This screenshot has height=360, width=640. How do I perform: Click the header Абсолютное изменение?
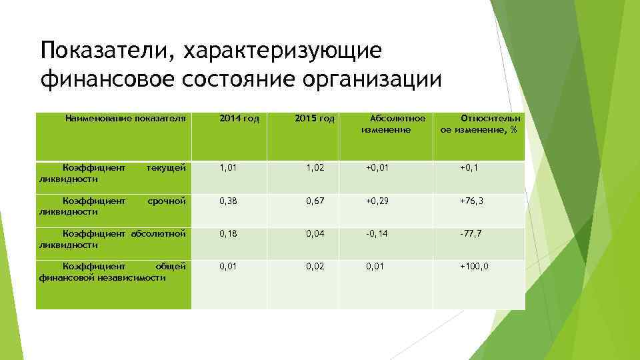coord(386,124)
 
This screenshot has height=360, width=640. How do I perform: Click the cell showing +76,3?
coord(471,201)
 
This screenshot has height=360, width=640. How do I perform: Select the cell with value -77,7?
coord(471,233)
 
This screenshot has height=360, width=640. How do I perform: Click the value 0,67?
coord(315,201)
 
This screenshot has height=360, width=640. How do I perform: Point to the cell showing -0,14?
coord(377,233)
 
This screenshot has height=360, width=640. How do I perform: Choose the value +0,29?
coord(377,201)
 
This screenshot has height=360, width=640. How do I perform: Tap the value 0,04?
coord(315,233)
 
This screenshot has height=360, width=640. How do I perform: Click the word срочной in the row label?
coord(166,200)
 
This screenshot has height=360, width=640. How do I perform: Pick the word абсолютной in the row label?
coord(158,233)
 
